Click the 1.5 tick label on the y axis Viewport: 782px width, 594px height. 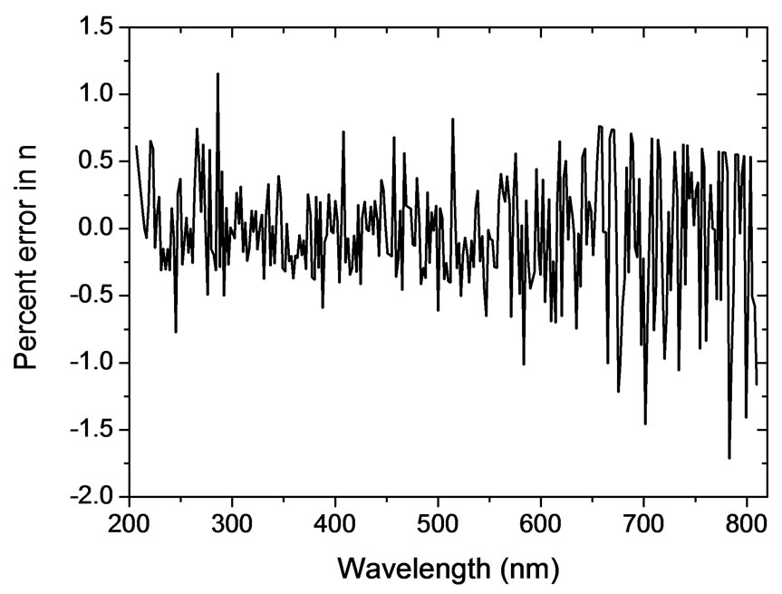96,28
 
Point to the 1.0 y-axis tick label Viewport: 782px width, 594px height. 96,94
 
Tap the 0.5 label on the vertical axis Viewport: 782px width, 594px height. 96,161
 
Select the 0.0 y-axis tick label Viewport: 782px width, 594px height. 96,229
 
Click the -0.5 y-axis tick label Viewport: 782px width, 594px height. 92,296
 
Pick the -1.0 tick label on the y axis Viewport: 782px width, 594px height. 92,363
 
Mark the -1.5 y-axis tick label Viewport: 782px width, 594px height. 92,430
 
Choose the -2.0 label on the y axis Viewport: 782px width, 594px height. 92,497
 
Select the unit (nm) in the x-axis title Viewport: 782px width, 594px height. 529,569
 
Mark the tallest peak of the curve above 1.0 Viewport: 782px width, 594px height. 217,74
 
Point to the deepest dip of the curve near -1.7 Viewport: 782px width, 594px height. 729,458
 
